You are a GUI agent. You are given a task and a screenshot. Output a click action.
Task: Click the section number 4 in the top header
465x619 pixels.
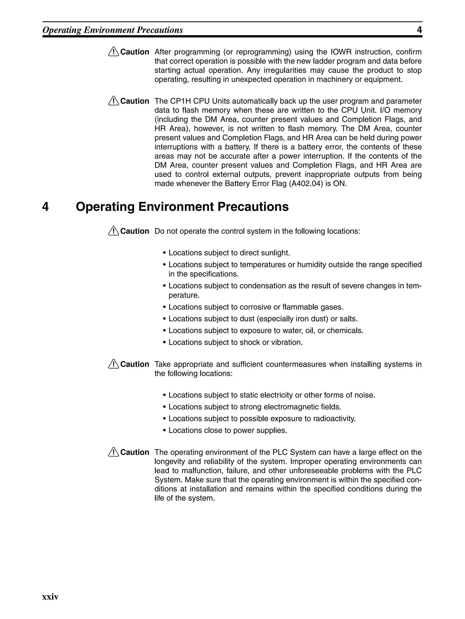click(x=419, y=30)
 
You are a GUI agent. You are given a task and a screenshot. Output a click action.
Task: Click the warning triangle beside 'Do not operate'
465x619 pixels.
click(x=114, y=231)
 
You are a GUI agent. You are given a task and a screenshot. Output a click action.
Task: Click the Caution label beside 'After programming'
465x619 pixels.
click(x=135, y=52)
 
